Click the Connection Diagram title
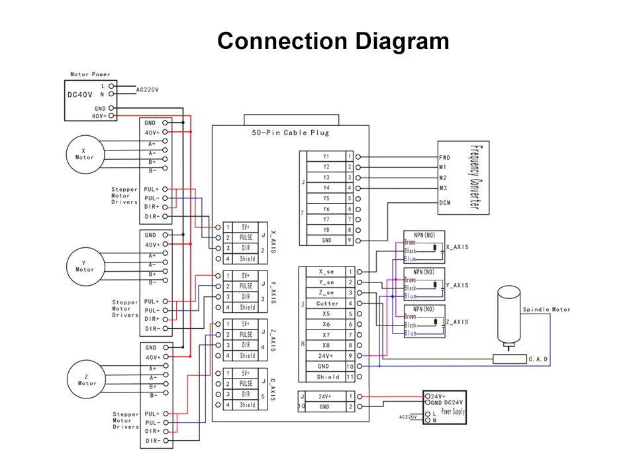click(333, 41)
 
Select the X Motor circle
click(83, 154)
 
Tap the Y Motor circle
click(85, 267)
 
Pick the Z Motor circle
click(87, 379)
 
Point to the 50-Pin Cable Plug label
click(291, 133)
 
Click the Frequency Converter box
click(462, 177)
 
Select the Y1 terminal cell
click(326, 157)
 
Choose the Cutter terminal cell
click(327, 304)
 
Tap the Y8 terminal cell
click(326, 230)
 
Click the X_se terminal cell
click(327, 272)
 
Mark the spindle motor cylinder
click(508, 315)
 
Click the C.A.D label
click(537, 359)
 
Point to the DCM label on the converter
click(445, 203)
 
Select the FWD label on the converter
click(445, 158)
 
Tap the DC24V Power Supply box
click(444, 407)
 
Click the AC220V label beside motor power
click(148, 89)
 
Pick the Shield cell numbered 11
click(327, 377)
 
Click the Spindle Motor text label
click(546, 310)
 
